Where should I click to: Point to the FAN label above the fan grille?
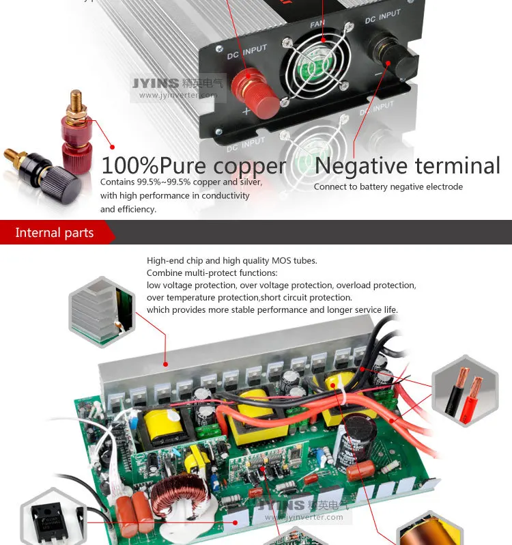click(317, 23)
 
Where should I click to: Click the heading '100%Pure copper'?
click(194, 166)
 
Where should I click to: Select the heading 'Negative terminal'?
click(408, 166)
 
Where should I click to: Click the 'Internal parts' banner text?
click(55, 233)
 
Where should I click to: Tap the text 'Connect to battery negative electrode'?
click(388, 187)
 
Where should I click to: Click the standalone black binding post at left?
click(38, 171)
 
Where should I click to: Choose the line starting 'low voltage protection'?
click(281, 285)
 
